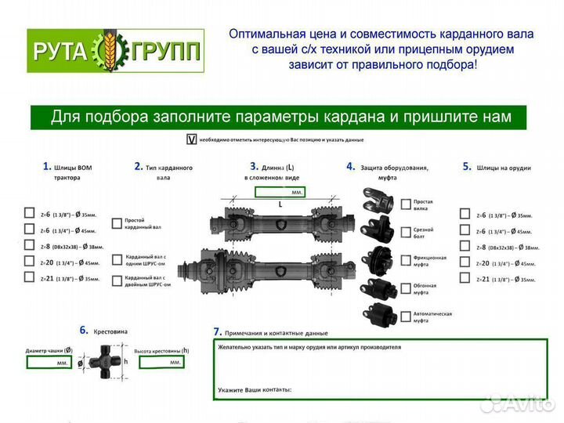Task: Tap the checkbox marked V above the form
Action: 190,140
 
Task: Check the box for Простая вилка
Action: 406,204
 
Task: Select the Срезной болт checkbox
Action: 406,232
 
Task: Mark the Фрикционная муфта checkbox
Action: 406,260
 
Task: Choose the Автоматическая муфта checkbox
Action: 406,316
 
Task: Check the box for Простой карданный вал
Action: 117,222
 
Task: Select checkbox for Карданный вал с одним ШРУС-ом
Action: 117,259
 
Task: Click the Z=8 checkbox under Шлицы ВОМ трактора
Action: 29,246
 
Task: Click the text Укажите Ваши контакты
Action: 255,389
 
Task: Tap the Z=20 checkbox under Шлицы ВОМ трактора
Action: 29,262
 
